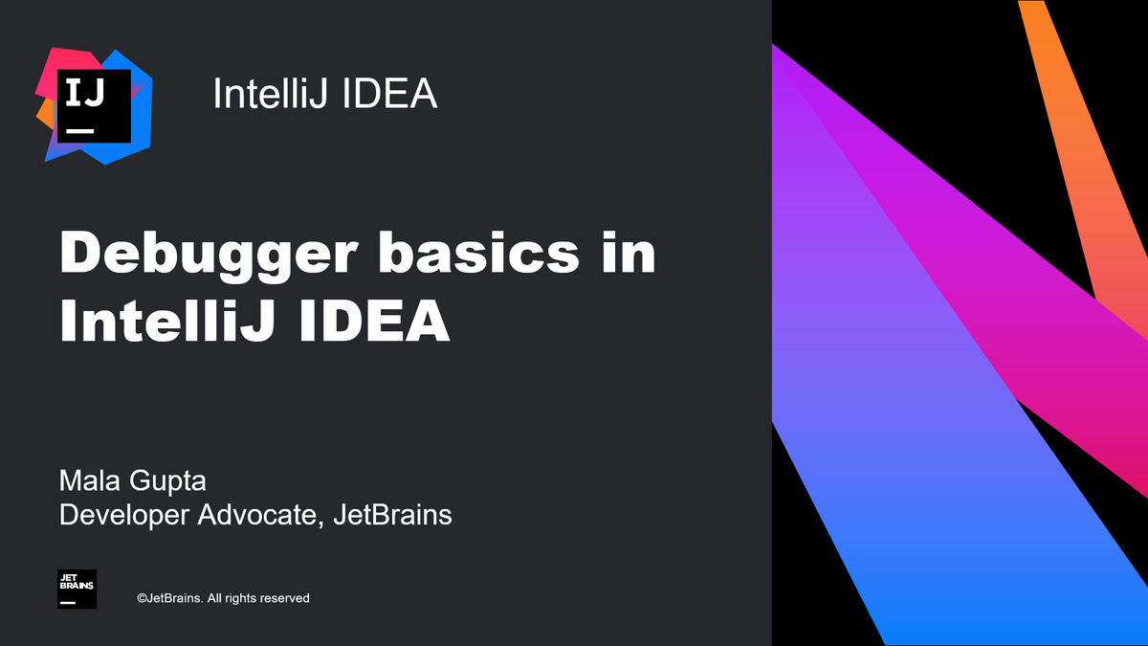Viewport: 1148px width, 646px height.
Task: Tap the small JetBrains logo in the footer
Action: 77,590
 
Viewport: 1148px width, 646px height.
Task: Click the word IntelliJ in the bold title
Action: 167,323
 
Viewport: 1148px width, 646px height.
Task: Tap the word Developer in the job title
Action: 123,515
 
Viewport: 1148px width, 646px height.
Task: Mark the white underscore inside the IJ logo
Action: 79,129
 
